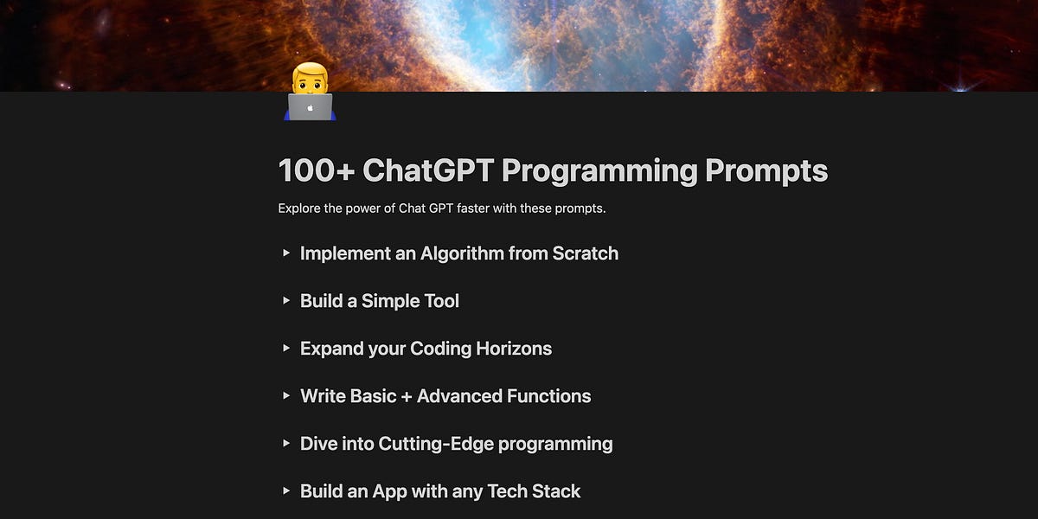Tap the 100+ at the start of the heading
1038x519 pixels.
(x=317, y=170)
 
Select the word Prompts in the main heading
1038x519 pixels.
(x=766, y=170)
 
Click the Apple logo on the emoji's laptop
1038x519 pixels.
(x=310, y=109)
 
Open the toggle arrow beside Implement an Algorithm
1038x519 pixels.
(x=286, y=253)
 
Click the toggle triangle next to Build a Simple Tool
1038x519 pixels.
(x=286, y=301)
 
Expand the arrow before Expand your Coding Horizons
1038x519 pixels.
(x=286, y=349)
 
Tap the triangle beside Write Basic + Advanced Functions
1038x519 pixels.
(x=286, y=396)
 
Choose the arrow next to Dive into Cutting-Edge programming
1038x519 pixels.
(x=286, y=444)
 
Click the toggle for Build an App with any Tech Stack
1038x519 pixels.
(x=286, y=491)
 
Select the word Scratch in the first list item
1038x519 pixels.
(x=586, y=253)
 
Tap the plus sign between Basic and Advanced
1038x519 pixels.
(x=407, y=396)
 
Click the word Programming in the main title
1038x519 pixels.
(x=599, y=170)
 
